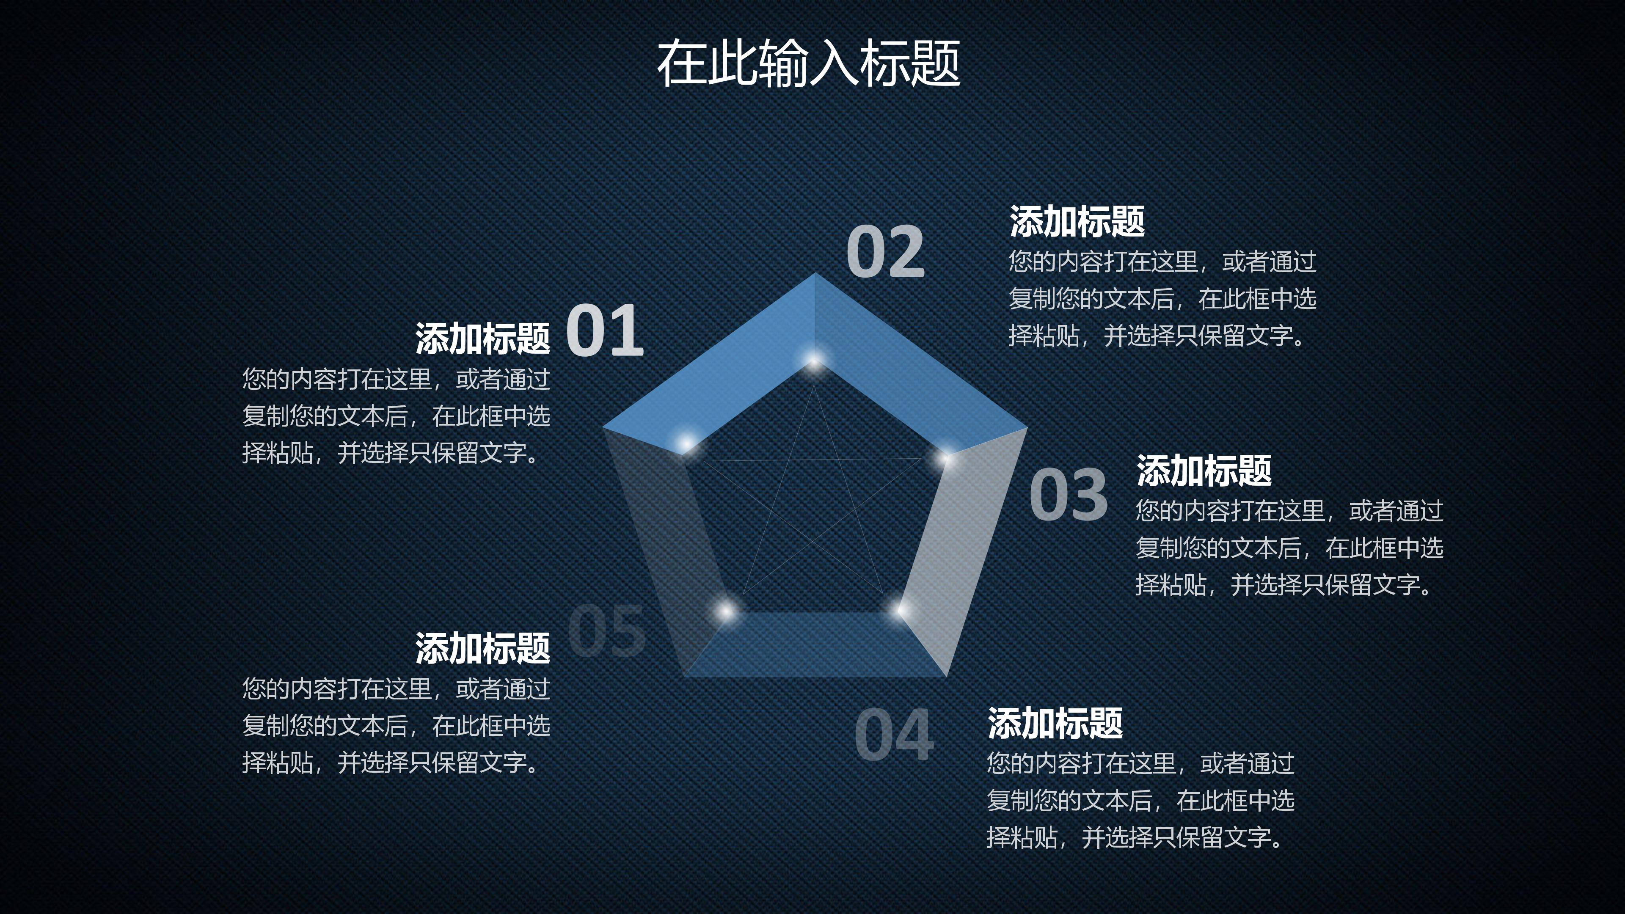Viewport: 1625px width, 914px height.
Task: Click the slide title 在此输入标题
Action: [808, 63]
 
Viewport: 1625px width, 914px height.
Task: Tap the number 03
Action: [1068, 496]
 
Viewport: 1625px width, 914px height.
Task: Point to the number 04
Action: [893, 735]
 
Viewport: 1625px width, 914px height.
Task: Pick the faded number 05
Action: [607, 630]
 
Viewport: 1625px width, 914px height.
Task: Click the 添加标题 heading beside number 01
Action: [482, 339]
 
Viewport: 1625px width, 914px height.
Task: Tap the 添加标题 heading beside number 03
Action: [1204, 471]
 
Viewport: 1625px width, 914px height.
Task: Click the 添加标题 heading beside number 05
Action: [482, 648]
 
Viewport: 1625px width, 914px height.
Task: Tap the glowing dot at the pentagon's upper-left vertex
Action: [686, 443]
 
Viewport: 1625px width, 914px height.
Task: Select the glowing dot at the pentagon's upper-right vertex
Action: [945, 457]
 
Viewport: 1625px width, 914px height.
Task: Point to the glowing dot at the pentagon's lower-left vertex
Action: [726, 611]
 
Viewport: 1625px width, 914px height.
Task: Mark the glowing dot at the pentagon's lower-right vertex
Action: [900, 610]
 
